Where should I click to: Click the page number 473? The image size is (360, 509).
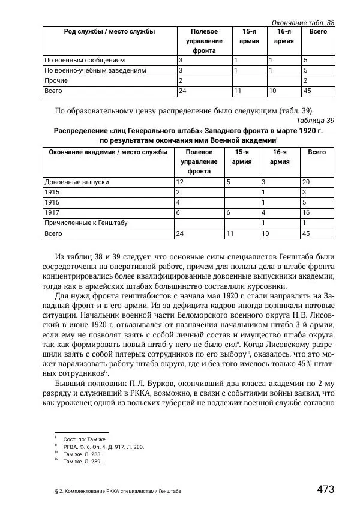coord(325,489)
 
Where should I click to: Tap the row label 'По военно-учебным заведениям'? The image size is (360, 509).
coord(95,70)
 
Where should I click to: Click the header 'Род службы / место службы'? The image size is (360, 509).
coord(109,31)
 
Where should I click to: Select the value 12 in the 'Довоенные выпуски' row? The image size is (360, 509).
coord(179,181)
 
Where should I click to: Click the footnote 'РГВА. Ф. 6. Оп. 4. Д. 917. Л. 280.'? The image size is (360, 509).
coord(103,447)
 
